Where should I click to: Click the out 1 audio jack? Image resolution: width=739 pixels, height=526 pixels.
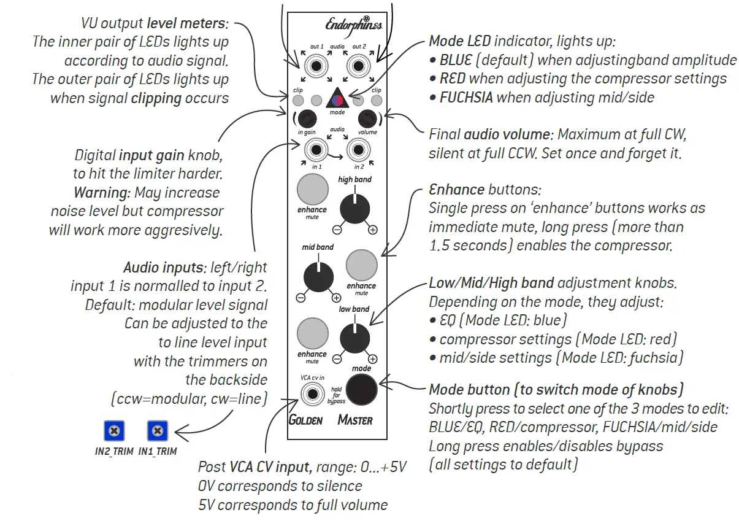pos(316,65)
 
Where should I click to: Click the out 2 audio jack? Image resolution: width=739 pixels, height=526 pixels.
pos(359,65)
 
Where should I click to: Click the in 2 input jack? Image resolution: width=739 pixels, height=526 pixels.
pos(359,149)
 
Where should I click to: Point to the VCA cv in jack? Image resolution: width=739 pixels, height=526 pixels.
pos(312,393)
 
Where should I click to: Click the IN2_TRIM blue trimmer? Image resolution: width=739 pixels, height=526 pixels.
pos(113,431)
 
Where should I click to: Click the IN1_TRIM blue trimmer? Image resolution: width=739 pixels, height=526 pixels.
pos(158,431)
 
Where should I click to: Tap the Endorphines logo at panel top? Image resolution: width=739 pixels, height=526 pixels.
pos(353,25)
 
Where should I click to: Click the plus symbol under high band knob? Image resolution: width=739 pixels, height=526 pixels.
pos(373,230)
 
